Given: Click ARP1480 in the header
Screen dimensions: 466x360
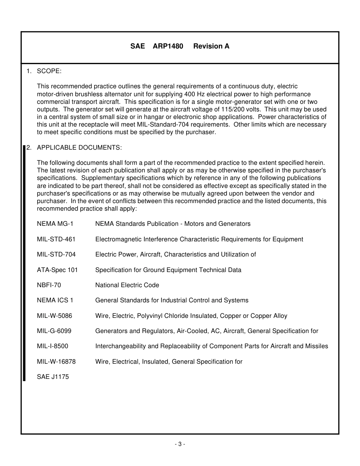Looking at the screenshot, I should tap(168, 46).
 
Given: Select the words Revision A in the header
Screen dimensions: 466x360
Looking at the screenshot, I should tap(211, 46).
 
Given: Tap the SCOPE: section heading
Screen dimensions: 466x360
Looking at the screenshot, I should tap(49, 71).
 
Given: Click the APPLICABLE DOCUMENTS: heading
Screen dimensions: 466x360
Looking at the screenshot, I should tap(79, 147).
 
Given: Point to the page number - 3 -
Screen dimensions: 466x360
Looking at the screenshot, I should tap(180, 444).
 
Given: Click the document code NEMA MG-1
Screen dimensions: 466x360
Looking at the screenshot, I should tap(55, 224).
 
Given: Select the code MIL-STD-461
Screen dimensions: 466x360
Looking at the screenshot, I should tap(56, 239).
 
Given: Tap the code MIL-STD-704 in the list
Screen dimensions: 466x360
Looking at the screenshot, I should tap(56, 255).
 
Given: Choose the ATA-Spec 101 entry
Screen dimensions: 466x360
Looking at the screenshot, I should tap(57, 270).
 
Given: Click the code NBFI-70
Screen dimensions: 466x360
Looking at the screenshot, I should tap(49, 285).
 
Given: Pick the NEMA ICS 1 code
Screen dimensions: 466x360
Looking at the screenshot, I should tap(55, 300).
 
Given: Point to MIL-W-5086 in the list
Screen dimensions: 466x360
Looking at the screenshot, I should tap(54, 316).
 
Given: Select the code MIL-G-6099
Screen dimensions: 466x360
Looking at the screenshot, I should tap(54, 331).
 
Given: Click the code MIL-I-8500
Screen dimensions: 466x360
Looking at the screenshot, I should tap(52, 346).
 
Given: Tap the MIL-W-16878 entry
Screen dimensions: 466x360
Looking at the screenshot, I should tap(56, 361).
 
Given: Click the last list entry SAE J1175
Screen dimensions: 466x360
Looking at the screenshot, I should tap(53, 377).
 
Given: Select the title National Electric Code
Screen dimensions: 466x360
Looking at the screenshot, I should tap(127, 285).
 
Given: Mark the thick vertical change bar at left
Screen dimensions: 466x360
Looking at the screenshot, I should tap(25, 261).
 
